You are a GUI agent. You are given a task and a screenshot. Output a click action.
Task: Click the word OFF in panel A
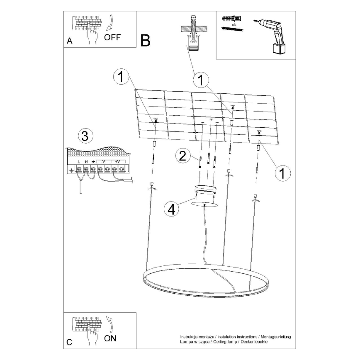pos(112,37)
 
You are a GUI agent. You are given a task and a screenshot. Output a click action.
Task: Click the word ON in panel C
pos(110,338)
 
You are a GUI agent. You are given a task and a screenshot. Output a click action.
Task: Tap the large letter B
pos(145,40)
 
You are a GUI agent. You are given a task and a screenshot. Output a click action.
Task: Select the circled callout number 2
pos(182,156)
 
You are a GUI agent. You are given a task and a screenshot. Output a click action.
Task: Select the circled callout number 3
pos(85,136)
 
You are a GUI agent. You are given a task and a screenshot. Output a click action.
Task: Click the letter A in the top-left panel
pos(69,41)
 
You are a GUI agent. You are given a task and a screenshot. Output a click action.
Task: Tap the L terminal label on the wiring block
pos(79,161)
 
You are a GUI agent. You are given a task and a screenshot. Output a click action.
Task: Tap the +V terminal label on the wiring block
pos(117,161)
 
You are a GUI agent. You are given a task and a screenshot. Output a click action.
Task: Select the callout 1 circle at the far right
pos(282,173)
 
